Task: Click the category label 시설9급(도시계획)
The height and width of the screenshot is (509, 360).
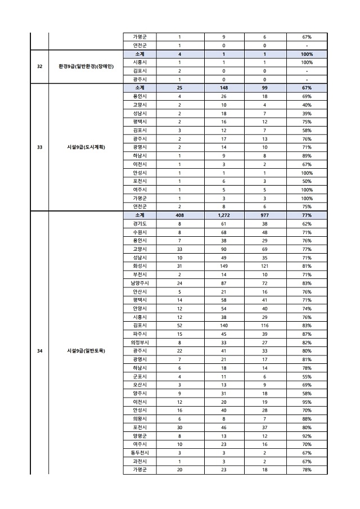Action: tap(86, 148)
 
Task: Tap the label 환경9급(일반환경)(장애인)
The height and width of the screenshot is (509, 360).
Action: tap(86, 66)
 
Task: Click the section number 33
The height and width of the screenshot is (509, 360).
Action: tap(39, 148)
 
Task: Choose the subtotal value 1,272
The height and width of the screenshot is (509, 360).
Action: tap(223, 215)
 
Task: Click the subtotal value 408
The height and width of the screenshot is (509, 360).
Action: tap(179, 215)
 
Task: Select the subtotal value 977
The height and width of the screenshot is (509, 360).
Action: tap(264, 215)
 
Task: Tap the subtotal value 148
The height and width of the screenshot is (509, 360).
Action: tap(223, 88)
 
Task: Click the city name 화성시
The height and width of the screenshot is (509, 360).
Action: tap(140, 266)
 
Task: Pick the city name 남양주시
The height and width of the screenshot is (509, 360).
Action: tap(140, 283)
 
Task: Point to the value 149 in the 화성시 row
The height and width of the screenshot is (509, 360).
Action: tap(223, 266)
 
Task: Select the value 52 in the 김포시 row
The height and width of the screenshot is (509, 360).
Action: tap(179, 326)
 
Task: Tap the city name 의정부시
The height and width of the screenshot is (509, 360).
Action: tap(140, 343)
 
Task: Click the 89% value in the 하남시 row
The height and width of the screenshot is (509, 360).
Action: tap(307, 156)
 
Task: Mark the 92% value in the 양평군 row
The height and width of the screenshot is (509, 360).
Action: tap(307, 435)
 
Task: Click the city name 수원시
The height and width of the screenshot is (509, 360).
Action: tap(140, 232)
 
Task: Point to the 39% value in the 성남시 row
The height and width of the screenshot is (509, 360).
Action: tap(307, 114)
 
